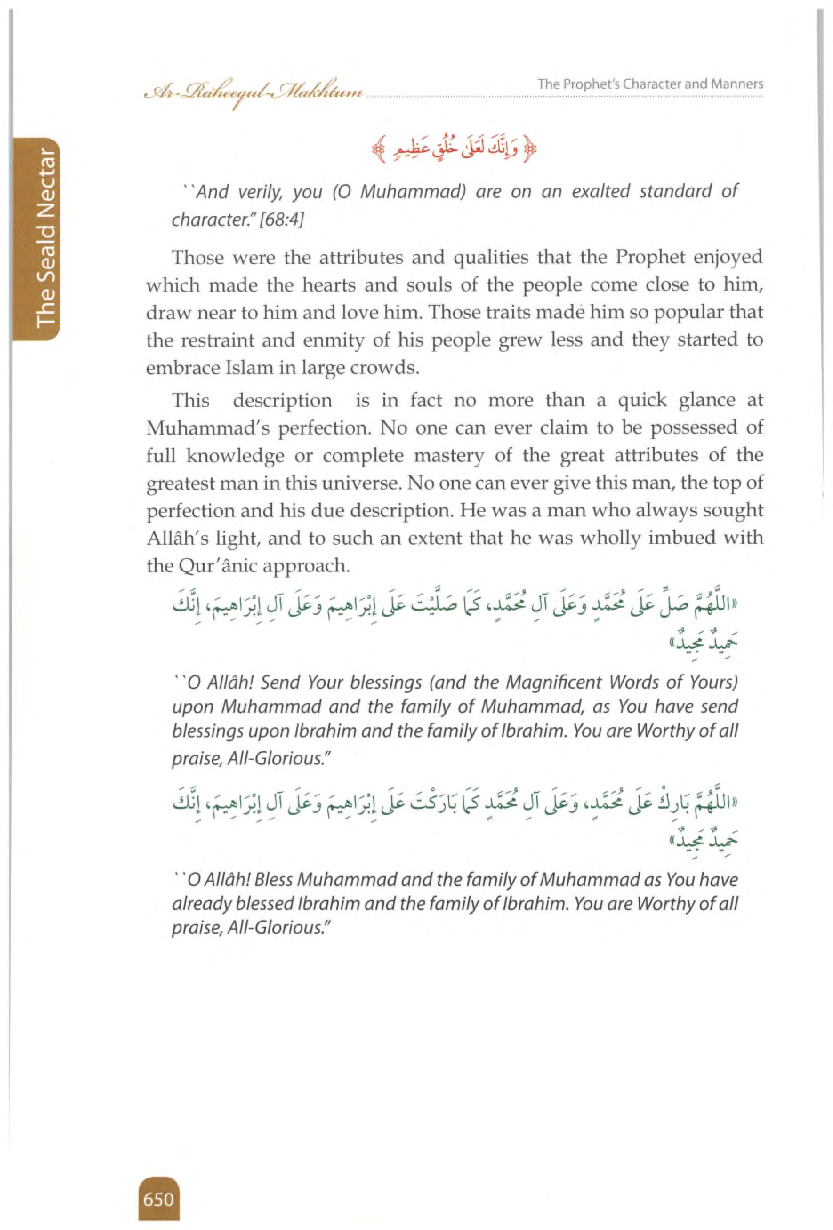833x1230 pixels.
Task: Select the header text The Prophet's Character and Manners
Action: tap(650, 84)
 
